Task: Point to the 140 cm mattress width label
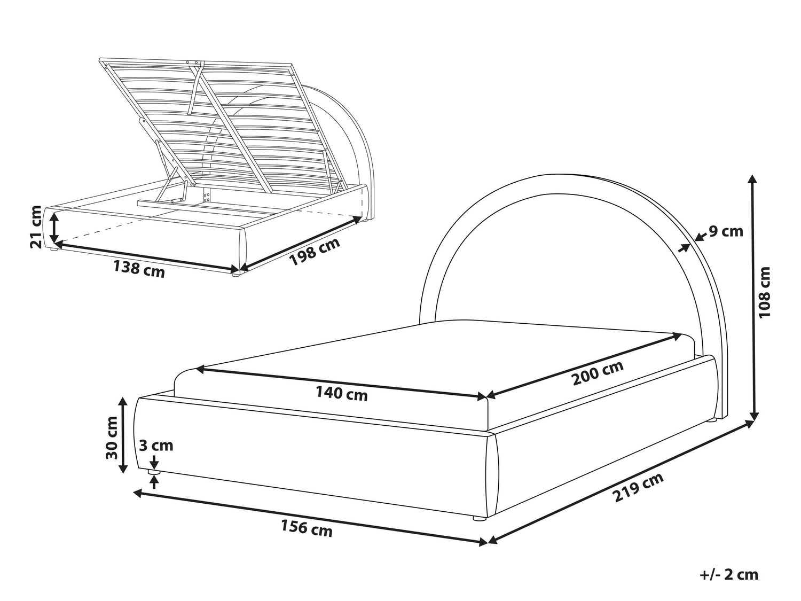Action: (x=342, y=394)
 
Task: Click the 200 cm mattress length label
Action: (x=598, y=372)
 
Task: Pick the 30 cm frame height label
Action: (x=112, y=438)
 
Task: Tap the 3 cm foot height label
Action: (x=156, y=446)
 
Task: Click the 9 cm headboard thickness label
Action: (x=726, y=231)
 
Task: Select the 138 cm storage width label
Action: (x=139, y=269)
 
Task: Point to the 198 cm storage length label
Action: (x=315, y=252)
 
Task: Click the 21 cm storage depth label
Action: (x=36, y=227)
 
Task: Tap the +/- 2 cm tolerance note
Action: (x=729, y=574)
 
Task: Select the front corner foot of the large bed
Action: (x=480, y=518)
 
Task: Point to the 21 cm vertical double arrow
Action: (x=54, y=228)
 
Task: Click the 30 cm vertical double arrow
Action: (x=123, y=435)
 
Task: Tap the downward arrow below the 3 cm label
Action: (x=155, y=462)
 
